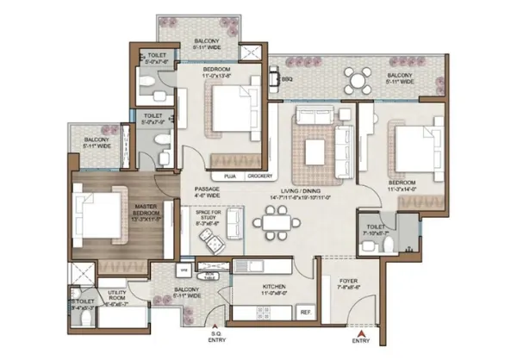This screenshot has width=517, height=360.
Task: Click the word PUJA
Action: (x=230, y=176)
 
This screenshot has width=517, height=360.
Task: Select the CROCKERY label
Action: (x=259, y=176)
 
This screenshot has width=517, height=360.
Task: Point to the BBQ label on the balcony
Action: (x=287, y=79)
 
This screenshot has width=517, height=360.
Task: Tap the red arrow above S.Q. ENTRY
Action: (x=216, y=327)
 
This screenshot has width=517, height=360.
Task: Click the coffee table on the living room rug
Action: (x=316, y=151)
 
